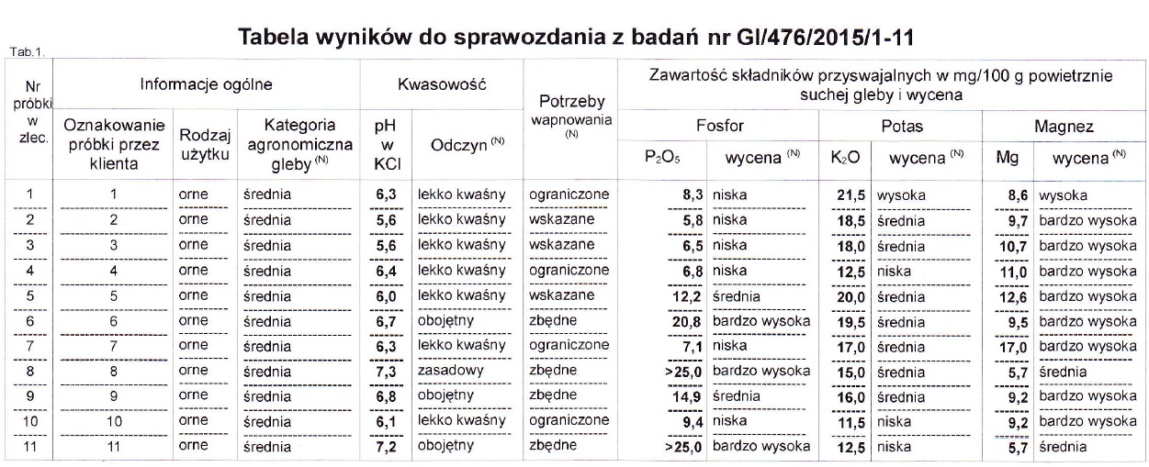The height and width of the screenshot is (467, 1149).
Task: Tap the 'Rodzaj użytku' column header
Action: click(x=203, y=143)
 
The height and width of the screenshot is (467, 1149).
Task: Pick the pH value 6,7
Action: click(x=385, y=322)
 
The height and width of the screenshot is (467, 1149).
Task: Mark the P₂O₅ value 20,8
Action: click(x=688, y=322)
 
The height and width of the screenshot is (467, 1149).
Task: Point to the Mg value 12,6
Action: click(x=1015, y=297)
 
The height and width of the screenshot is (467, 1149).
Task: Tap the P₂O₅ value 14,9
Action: click(x=688, y=397)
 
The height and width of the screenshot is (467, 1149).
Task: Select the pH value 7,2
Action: click(x=385, y=447)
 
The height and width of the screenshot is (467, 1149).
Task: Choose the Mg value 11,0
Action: click(x=1015, y=272)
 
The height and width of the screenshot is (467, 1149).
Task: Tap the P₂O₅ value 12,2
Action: click(x=688, y=297)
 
